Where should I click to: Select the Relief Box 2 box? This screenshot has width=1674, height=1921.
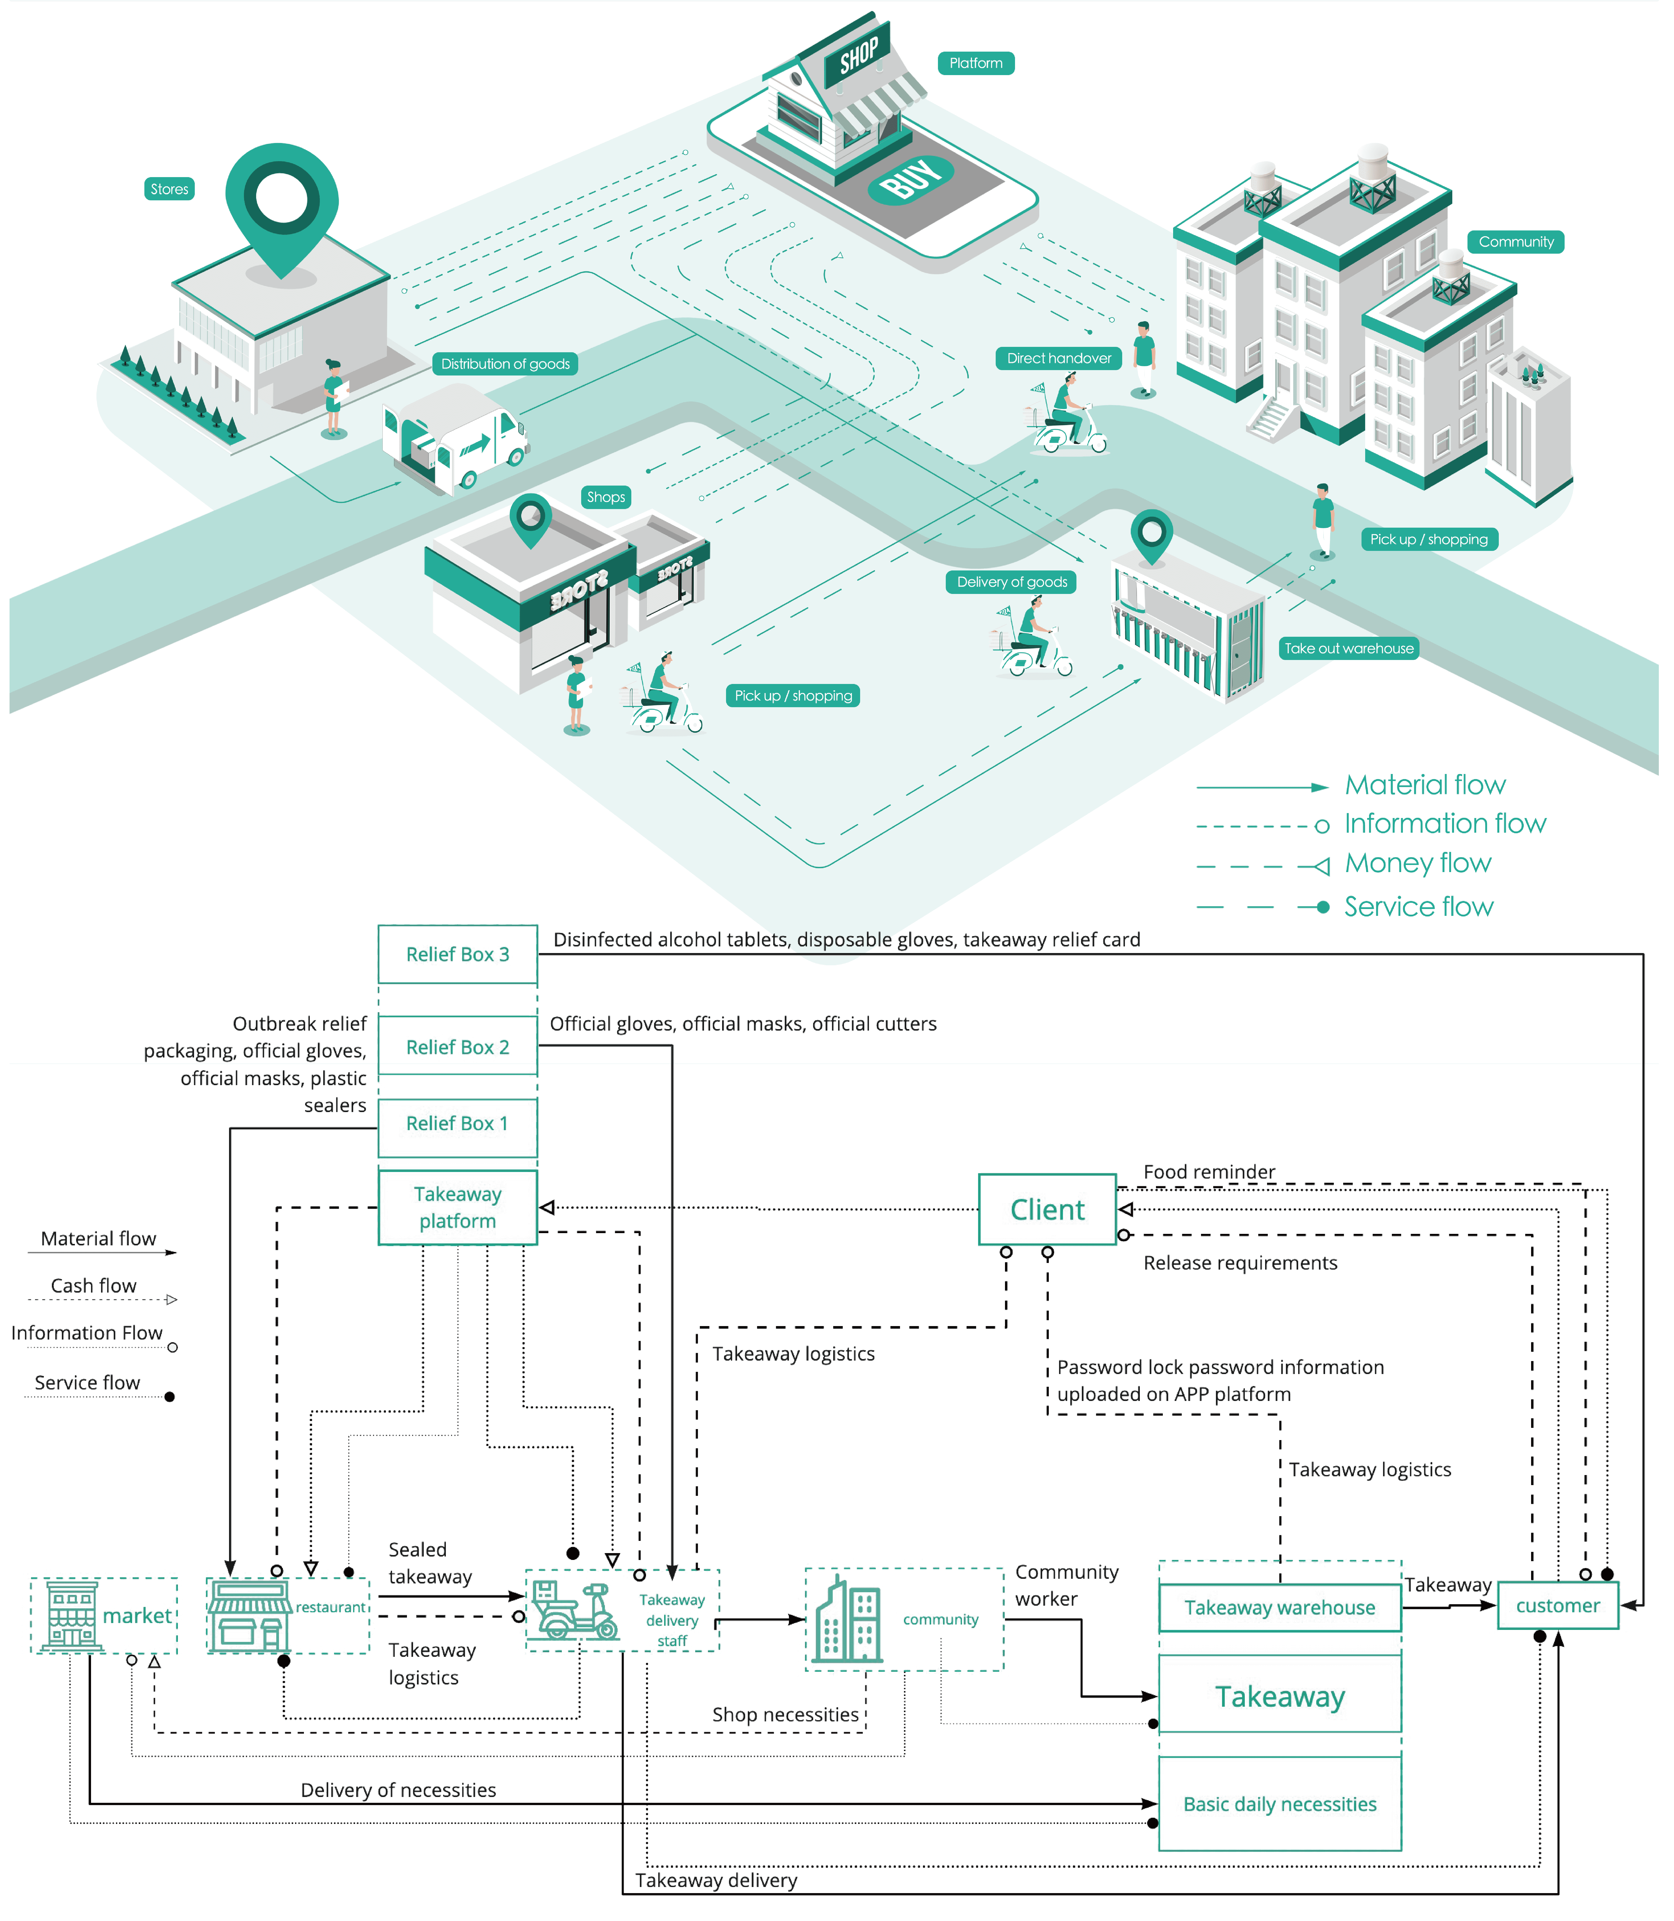click(458, 1046)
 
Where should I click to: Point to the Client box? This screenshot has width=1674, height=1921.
click(1047, 1209)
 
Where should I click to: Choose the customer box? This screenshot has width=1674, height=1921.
click(1558, 1605)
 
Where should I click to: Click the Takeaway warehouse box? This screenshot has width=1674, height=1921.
click(1280, 1607)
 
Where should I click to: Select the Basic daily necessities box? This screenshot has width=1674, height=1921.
click(1280, 1803)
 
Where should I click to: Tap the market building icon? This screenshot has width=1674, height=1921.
click(72, 1615)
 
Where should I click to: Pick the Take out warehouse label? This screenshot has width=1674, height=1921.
click(1349, 648)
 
